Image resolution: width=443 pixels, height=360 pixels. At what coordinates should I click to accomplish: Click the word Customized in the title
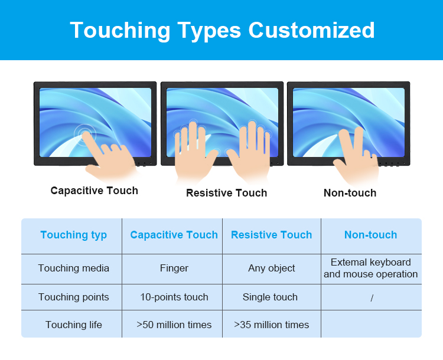[x=311, y=30]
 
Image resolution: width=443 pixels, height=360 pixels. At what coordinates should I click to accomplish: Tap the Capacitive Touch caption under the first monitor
[x=95, y=191]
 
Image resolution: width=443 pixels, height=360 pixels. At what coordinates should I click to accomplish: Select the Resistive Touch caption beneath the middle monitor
[x=227, y=193]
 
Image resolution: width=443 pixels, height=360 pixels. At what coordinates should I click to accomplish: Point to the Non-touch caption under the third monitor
[x=350, y=193]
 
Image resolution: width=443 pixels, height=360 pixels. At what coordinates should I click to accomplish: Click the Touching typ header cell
[x=74, y=235]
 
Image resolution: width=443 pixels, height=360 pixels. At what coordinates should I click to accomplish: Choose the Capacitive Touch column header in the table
[x=174, y=235]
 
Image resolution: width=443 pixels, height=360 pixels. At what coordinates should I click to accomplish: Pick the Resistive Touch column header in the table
[x=272, y=235]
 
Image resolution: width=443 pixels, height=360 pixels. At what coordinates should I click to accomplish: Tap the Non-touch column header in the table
[x=371, y=235]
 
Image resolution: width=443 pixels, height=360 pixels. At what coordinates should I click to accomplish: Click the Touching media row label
[x=74, y=268]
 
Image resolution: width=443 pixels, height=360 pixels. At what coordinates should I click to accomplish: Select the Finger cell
[x=174, y=269]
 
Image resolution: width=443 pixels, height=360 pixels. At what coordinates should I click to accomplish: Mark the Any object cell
[x=272, y=269]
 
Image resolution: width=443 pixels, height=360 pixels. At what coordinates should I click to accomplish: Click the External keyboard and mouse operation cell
[x=371, y=269]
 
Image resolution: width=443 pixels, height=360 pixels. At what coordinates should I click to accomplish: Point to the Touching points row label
[x=74, y=297]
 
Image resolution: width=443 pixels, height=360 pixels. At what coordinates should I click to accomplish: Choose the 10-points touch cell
[x=174, y=297]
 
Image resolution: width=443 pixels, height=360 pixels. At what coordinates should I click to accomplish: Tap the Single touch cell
[x=270, y=297]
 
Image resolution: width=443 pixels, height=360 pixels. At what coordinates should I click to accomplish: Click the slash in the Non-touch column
[x=372, y=298]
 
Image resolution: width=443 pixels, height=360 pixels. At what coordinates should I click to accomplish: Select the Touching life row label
[x=74, y=325]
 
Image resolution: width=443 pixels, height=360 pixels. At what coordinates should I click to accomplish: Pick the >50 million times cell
[x=174, y=325]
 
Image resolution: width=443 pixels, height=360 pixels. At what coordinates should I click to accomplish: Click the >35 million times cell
[x=272, y=325]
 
